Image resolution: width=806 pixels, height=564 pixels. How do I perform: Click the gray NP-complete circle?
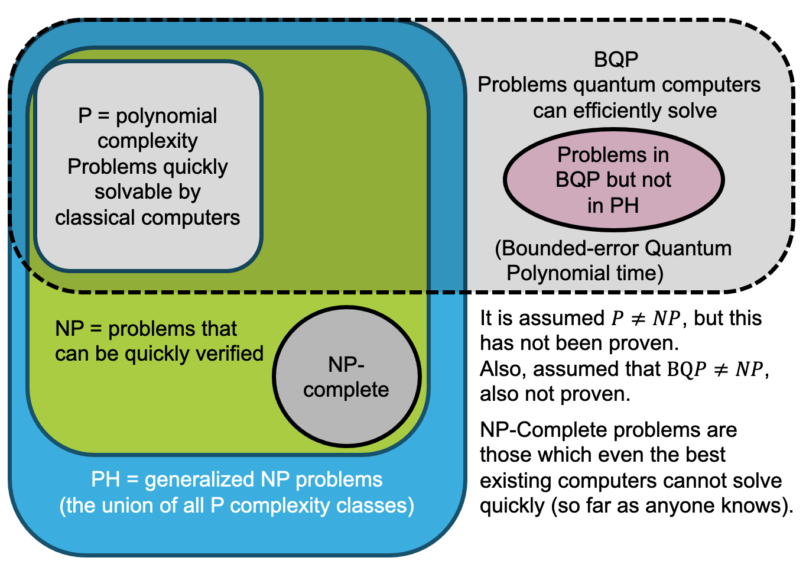pyautogui.click(x=346, y=377)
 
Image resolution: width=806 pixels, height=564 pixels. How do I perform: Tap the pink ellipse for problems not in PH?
pyautogui.click(x=613, y=180)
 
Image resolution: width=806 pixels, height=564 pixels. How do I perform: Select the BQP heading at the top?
pyautogui.click(x=616, y=59)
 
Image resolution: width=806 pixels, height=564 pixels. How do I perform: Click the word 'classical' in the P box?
pyautogui.click(x=94, y=218)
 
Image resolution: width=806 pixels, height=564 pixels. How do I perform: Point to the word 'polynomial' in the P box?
pyautogui.click(x=167, y=116)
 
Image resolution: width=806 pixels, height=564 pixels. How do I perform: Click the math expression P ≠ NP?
pyautogui.click(x=646, y=318)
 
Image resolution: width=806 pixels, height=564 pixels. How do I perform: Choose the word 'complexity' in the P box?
pyautogui.click(x=148, y=141)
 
